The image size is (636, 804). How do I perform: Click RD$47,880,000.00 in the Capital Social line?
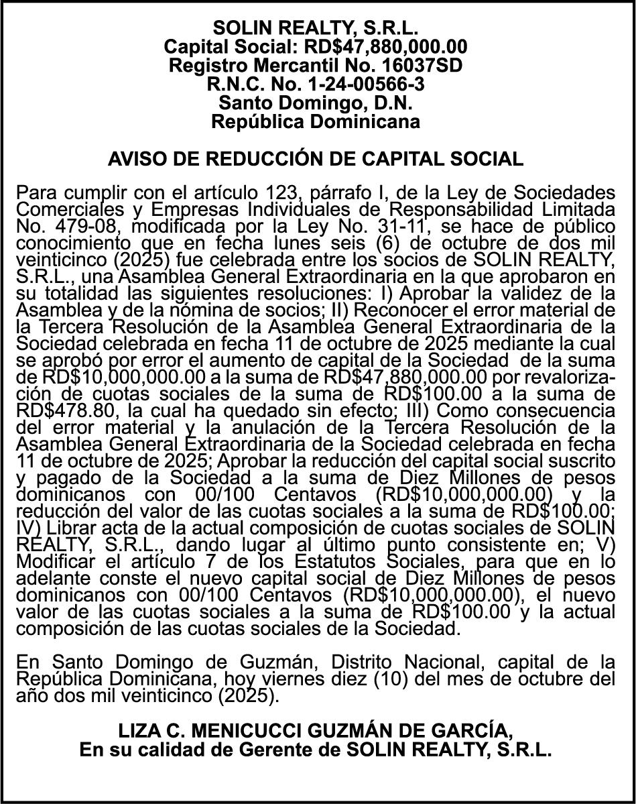tap(385, 47)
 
